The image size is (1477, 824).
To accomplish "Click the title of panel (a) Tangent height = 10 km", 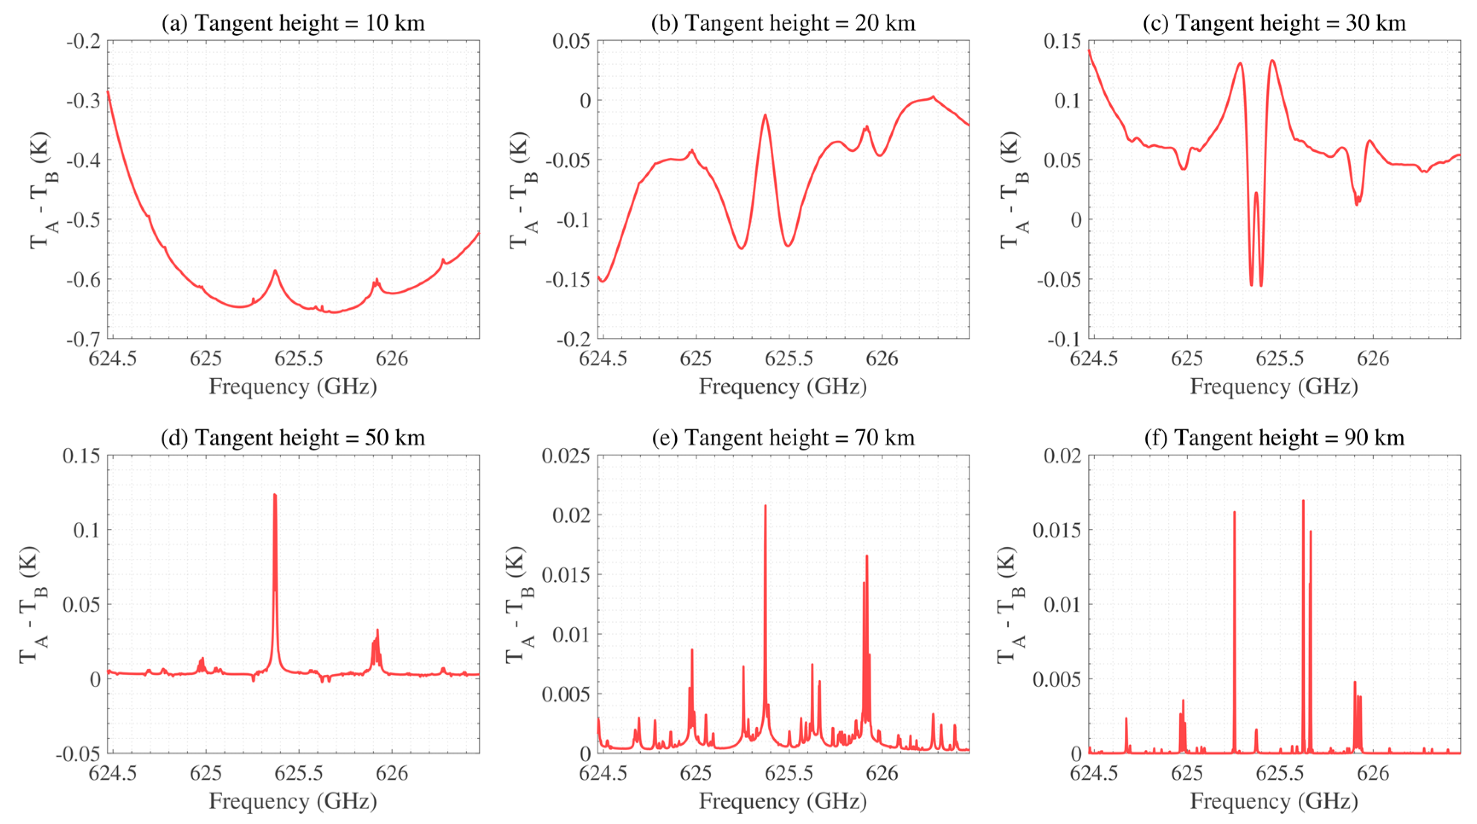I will click(x=293, y=23).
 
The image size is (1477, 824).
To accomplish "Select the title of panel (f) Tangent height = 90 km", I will click(x=1274, y=438).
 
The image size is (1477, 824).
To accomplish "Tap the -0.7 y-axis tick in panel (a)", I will click(x=84, y=339).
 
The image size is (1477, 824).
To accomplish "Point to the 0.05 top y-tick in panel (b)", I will click(x=571, y=41).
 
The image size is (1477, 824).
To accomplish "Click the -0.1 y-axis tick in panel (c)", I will click(x=1064, y=339).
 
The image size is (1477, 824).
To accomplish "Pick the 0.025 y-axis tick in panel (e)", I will click(x=566, y=456).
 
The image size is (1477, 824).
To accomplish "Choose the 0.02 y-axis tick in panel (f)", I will click(x=1062, y=456).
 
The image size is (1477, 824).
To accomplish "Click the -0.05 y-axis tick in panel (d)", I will click(x=78, y=754).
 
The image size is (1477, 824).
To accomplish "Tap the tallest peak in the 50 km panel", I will click(x=275, y=496).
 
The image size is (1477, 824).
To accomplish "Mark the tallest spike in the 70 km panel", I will click(x=765, y=506).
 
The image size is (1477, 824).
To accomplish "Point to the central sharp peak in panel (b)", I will click(x=765, y=116).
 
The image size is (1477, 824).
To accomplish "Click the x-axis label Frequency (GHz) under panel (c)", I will click(x=1274, y=386).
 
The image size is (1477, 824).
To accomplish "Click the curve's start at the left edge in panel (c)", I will click(x=1089, y=51).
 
